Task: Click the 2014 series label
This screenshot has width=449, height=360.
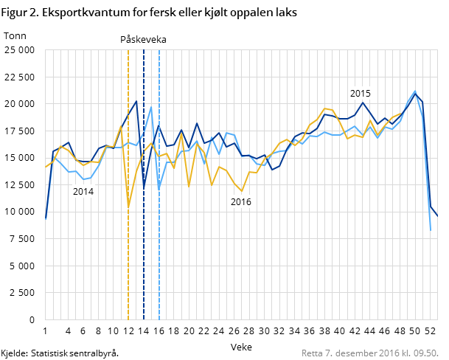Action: pos(83,192)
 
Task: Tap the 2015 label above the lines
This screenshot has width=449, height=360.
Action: pos(361,94)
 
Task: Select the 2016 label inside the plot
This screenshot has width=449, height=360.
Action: pos(241,202)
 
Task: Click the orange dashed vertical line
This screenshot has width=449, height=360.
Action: pos(128,258)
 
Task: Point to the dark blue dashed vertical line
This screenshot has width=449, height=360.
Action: pos(144,258)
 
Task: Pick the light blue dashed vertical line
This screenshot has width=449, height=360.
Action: pos(159,258)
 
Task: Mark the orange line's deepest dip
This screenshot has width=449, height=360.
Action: pos(128,207)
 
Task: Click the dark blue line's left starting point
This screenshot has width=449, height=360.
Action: pos(46,218)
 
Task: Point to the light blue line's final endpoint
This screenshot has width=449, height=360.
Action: pos(431,230)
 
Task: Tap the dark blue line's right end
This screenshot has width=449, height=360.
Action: pos(438,216)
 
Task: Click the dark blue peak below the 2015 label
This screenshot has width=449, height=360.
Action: pos(363,103)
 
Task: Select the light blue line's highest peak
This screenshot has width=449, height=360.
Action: pos(415,91)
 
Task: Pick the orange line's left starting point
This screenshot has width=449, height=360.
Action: pos(46,167)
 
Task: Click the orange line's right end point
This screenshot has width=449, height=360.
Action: pos(400,114)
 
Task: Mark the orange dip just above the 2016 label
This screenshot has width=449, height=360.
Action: pos(242,191)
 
